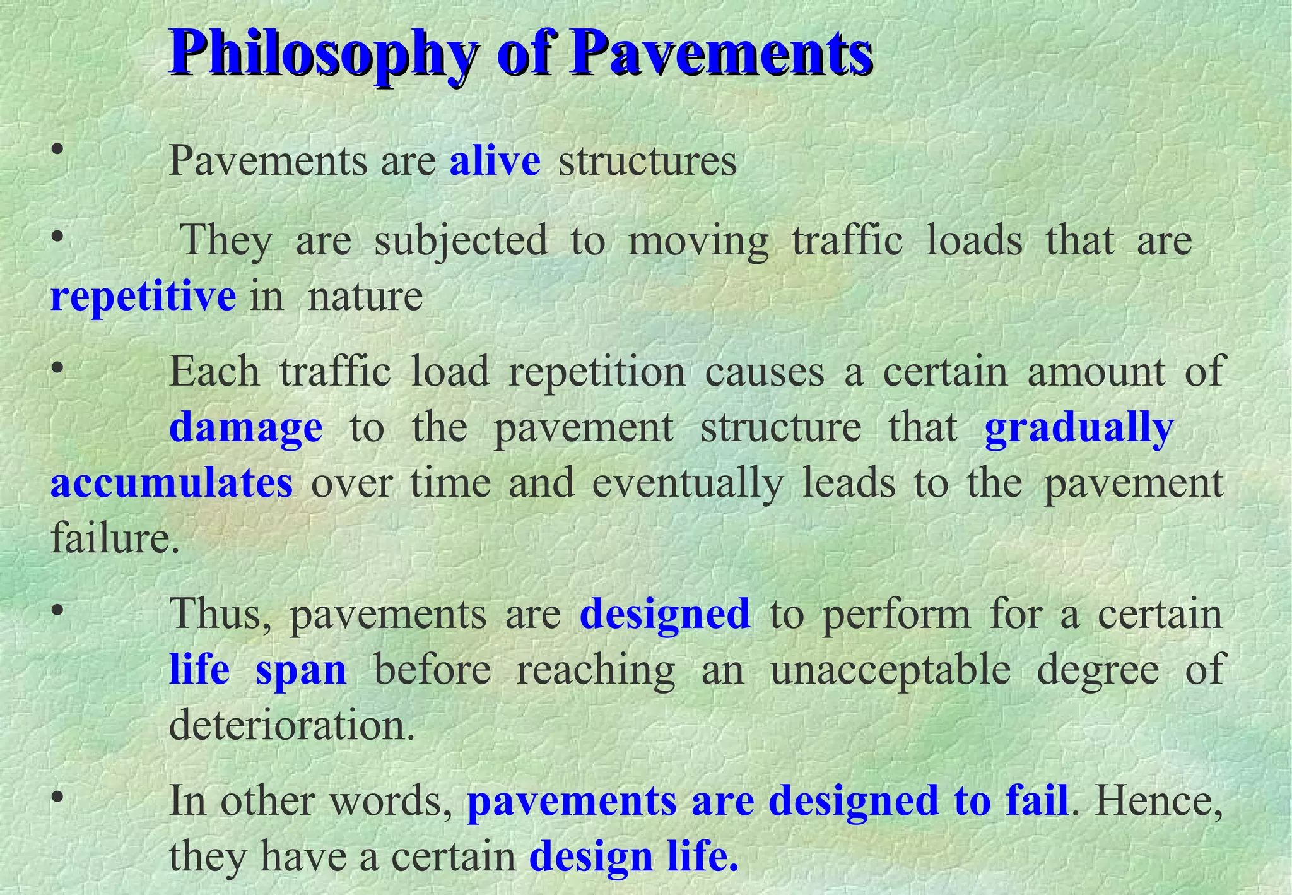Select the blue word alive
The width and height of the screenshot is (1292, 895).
click(x=495, y=161)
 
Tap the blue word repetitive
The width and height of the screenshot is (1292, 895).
click(x=143, y=296)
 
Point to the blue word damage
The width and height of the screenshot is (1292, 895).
click(x=246, y=428)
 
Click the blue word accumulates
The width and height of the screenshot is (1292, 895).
click(x=172, y=483)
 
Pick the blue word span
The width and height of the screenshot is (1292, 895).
click(x=301, y=670)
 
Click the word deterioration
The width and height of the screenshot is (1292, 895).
click(x=292, y=725)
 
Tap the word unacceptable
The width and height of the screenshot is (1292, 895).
click(x=891, y=670)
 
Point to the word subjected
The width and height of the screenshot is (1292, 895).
click(x=461, y=241)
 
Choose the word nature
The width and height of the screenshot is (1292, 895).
click(x=365, y=296)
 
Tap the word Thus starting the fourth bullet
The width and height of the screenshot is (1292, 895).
click(x=222, y=614)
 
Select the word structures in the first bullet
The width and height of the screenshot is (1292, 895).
click(x=647, y=161)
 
